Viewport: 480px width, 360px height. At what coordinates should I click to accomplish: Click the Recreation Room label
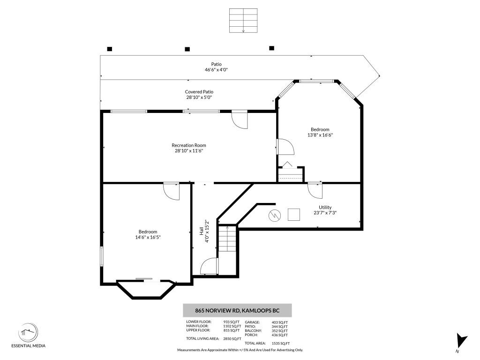pyautogui.click(x=189, y=145)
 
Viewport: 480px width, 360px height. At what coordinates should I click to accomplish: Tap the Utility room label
pyautogui.click(x=325, y=207)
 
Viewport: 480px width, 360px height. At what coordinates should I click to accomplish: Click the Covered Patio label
pyautogui.click(x=199, y=92)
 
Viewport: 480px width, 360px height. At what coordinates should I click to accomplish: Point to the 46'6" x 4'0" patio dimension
pyautogui.click(x=216, y=69)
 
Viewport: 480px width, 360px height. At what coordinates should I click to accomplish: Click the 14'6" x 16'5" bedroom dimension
pyautogui.click(x=148, y=237)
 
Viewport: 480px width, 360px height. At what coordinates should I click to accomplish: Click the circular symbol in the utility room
pyautogui.click(x=274, y=216)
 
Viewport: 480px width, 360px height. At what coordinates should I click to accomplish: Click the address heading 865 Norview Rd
pyautogui.click(x=237, y=310)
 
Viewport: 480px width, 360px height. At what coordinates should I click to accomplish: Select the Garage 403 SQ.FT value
pyautogui.click(x=279, y=322)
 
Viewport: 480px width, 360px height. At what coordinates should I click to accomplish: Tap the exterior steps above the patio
pyautogui.click(x=243, y=21)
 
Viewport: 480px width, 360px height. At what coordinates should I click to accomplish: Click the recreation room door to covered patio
pyautogui.click(x=240, y=120)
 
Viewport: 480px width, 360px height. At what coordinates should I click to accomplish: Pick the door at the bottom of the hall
pyautogui.click(x=209, y=267)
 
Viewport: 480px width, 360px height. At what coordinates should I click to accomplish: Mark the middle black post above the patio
pyautogui.click(x=187, y=49)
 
